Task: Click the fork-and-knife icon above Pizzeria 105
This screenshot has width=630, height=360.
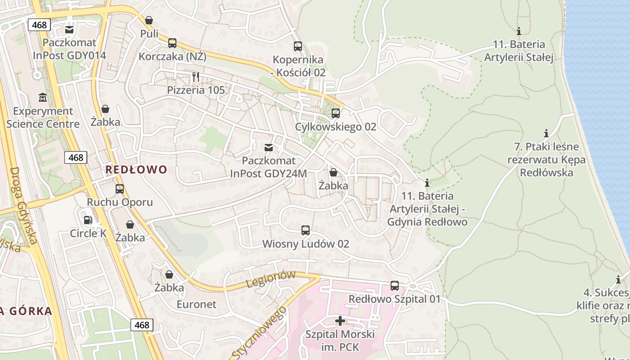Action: tap(195, 77)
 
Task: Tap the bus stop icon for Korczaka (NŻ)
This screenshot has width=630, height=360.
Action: tap(172, 43)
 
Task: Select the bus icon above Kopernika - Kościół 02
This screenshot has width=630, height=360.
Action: tap(297, 46)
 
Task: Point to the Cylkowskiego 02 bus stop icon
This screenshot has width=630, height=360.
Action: tap(335, 113)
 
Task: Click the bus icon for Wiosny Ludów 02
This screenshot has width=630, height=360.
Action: tap(306, 230)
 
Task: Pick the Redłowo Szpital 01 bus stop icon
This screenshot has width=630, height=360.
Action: tap(395, 286)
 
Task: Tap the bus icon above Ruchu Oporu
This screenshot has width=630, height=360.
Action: tap(120, 189)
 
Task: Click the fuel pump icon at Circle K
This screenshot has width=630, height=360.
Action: tap(88, 220)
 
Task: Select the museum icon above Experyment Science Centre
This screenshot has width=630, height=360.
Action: tap(43, 98)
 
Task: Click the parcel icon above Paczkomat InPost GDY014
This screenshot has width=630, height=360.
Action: tap(69, 30)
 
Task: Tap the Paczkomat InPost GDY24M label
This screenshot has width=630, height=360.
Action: tap(269, 167)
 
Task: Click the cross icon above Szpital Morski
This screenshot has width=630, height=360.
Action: tap(340, 321)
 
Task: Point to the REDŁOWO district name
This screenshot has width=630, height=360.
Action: tap(136, 170)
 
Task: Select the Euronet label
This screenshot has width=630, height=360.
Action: tap(196, 304)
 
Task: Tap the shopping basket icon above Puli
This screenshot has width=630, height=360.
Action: tap(149, 20)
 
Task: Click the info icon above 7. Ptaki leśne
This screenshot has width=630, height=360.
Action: tap(546, 133)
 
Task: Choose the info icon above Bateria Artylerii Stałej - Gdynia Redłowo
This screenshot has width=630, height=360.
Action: tap(427, 183)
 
